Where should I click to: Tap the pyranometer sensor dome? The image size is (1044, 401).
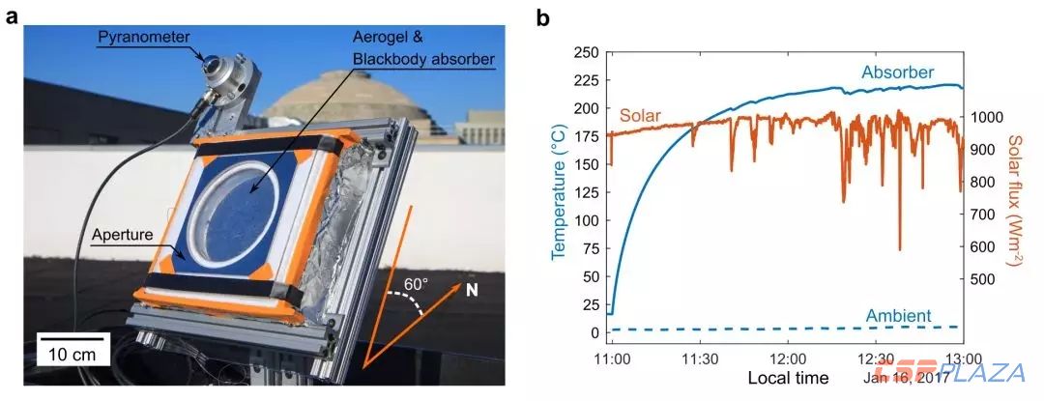click(x=209, y=66)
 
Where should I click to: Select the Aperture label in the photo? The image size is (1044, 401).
click(x=126, y=235)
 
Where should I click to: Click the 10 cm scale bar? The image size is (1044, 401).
click(x=72, y=356)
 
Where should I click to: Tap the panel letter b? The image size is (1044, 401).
click(x=543, y=17)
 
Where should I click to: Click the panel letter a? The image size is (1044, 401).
click(x=13, y=17)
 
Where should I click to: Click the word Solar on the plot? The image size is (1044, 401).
click(x=640, y=115)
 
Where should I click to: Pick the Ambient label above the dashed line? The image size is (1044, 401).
click(x=898, y=315)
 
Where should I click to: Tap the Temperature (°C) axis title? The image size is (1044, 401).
click(x=558, y=191)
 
